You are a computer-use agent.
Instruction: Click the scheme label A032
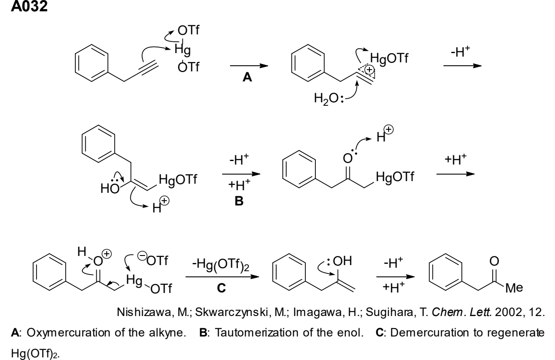tap(29, 6)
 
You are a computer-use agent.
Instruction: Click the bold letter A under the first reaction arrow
tap(247, 77)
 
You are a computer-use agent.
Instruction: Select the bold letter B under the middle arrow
tap(239, 201)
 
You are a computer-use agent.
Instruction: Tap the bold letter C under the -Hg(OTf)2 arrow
tap(221, 288)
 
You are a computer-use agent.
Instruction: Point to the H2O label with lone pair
tap(329, 98)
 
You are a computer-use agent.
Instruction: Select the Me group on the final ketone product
tap(514, 288)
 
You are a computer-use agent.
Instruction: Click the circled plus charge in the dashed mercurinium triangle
tap(369, 70)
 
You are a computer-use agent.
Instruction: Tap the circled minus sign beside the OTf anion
tap(142, 256)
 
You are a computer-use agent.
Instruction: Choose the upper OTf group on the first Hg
tap(188, 30)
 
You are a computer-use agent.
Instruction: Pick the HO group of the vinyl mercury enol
tap(110, 188)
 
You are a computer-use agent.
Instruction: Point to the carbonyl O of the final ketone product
tap(494, 261)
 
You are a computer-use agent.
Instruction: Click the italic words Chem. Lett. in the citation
tap(462, 313)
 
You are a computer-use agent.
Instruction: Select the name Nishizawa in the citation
tap(144, 313)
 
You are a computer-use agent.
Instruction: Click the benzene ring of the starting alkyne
tap(91, 63)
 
